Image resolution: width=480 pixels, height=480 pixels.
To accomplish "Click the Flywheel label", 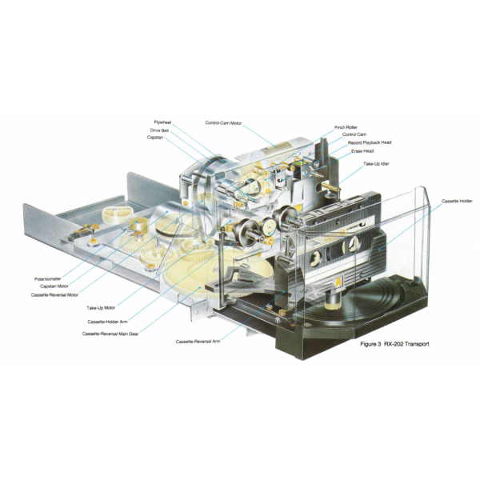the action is pyautogui.click(x=162, y=122).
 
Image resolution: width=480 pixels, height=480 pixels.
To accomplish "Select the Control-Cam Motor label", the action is pyautogui.click(x=223, y=123).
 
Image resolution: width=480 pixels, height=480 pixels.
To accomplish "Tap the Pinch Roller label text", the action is pyautogui.click(x=346, y=127).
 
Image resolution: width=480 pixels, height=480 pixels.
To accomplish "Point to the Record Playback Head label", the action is pyautogui.click(x=370, y=142).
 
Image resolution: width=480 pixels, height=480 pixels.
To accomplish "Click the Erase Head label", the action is pyautogui.click(x=362, y=151).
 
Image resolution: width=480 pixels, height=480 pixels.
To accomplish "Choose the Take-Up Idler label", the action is pyautogui.click(x=376, y=164).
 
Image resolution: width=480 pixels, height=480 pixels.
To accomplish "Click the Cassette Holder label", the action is pyautogui.click(x=457, y=201).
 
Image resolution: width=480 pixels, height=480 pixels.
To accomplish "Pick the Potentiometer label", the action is pyautogui.click(x=48, y=279).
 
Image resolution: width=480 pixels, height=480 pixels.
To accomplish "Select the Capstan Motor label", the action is pyautogui.click(x=54, y=286).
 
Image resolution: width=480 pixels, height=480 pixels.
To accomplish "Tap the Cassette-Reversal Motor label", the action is pyautogui.click(x=54, y=295).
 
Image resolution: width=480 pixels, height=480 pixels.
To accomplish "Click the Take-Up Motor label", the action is pyautogui.click(x=101, y=308).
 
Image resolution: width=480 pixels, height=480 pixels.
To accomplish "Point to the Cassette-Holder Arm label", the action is pyautogui.click(x=107, y=322).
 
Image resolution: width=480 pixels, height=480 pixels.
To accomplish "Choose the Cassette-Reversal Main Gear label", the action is pyautogui.click(x=110, y=334).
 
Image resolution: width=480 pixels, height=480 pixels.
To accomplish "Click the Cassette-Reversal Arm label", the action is pyautogui.click(x=198, y=342).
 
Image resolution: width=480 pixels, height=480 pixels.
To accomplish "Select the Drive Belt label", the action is pyautogui.click(x=159, y=130).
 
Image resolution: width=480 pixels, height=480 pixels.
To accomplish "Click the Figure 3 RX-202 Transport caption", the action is pyautogui.click(x=394, y=344).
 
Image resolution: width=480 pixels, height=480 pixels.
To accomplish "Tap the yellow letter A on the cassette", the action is pyautogui.click(x=338, y=282).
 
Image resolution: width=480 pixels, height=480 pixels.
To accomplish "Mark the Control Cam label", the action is pyautogui.click(x=354, y=134).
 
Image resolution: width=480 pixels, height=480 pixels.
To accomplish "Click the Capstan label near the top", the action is pyautogui.click(x=155, y=138).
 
